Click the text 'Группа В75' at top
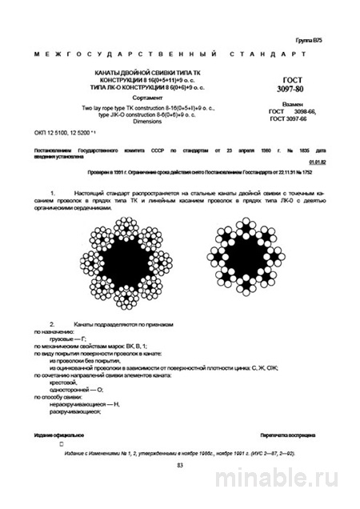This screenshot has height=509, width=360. pyautogui.click(x=310, y=39)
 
